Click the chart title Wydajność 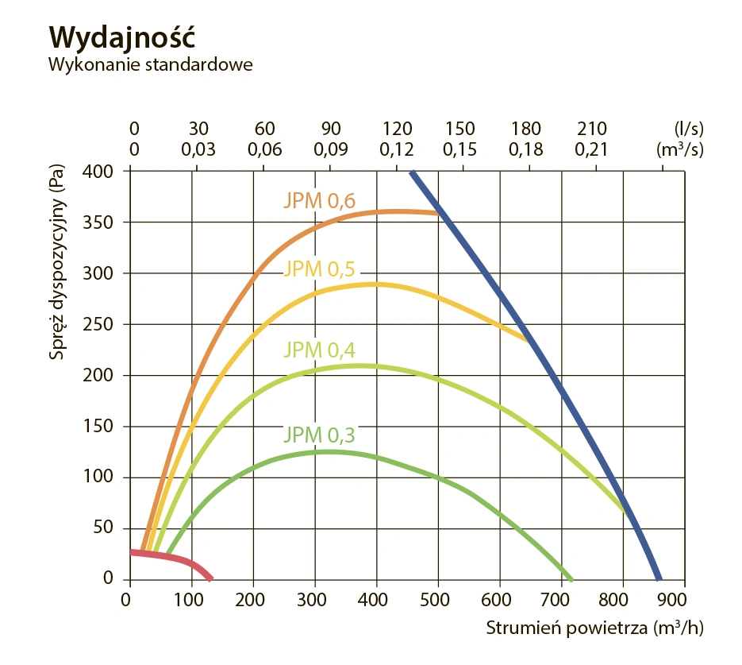click(x=121, y=37)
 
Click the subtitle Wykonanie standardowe click(x=151, y=65)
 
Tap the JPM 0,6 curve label click(x=319, y=201)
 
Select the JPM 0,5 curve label click(x=319, y=269)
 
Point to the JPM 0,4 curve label click(x=319, y=350)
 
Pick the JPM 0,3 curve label click(x=319, y=435)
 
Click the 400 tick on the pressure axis click(x=101, y=172)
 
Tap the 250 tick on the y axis click(x=101, y=324)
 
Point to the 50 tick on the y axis click(x=105, y=528)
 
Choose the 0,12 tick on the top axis click(x=396, y=149)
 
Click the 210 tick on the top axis click(x=592, y=129)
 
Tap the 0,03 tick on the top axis click(x=198, y=149)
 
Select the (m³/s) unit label click(x=680, y=148)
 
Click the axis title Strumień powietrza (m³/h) click(x=594, y=628)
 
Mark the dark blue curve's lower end click(x=658, y=578)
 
